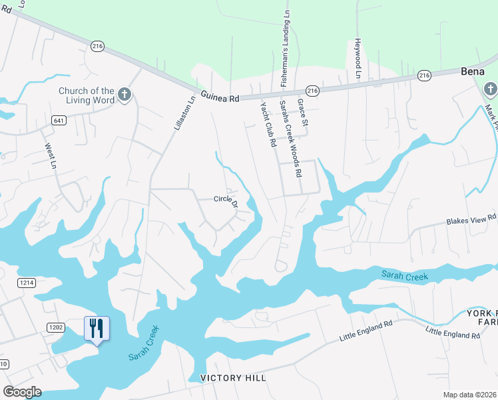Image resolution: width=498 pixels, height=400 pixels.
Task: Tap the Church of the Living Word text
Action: click(x=87, y=95)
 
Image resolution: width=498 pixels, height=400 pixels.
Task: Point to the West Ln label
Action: click(x=50, y=155)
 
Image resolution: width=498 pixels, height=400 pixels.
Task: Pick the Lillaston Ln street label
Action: click(x=184, y=113)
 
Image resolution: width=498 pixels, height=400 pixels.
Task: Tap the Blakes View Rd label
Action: click(x=471, y=219)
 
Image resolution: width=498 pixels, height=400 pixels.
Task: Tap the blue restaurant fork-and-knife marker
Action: click(x=97, y=329)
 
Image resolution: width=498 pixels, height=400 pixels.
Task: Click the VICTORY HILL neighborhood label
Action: click(x=233, y=378)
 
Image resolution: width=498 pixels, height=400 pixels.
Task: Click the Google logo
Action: click(x=23, y=392)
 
